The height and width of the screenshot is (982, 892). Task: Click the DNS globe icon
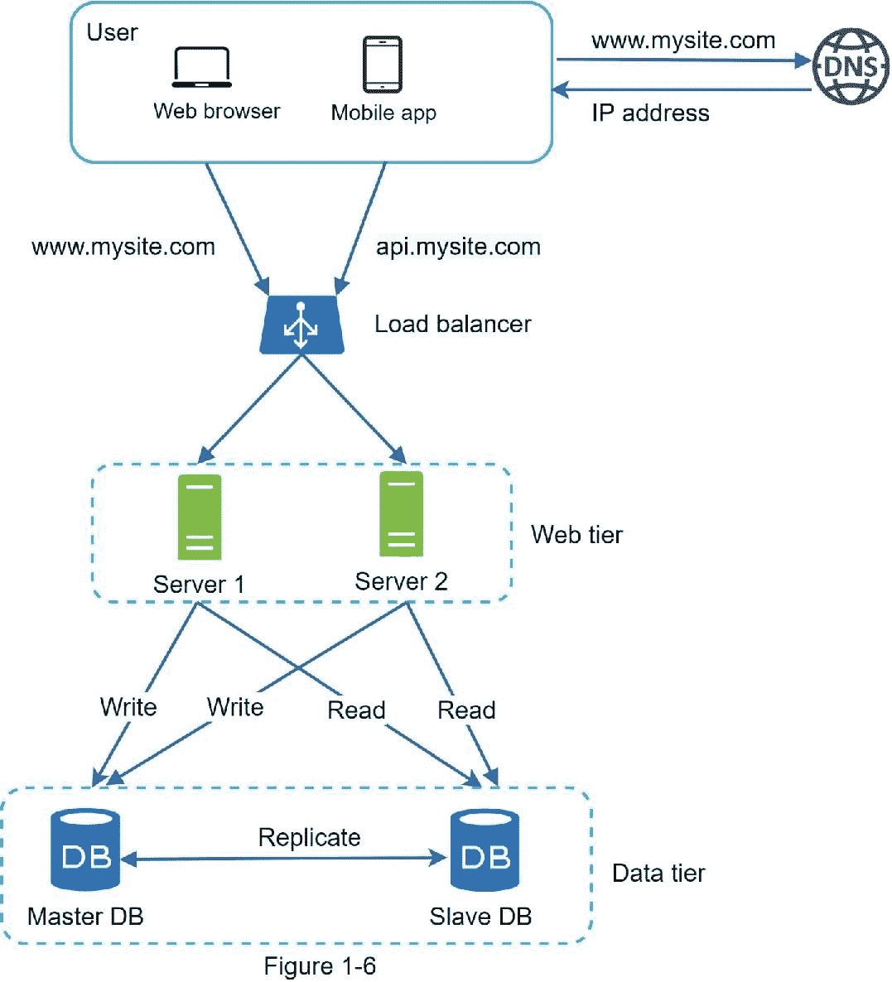coord(851,67)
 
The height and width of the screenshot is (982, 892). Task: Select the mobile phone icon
coord(383,65)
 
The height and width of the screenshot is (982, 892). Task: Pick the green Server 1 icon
coord(200,517)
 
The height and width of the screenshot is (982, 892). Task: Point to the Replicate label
coord(309,837)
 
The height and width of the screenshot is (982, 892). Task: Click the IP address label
coord(650,113)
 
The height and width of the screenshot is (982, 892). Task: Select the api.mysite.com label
coord(458,247)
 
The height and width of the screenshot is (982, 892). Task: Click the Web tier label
coord(576,535)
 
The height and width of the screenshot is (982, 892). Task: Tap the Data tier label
coord(658,874)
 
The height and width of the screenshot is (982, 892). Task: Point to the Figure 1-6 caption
coord(320,966)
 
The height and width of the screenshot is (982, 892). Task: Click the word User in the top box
coord(112,32)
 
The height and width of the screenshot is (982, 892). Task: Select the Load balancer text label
coord(452,324)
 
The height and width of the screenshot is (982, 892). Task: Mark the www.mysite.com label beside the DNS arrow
coord(683,41)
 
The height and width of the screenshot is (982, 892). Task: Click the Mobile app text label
coord(383,113)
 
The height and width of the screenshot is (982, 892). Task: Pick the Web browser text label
coord(217,111)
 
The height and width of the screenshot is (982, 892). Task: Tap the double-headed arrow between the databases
coord(287,859)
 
